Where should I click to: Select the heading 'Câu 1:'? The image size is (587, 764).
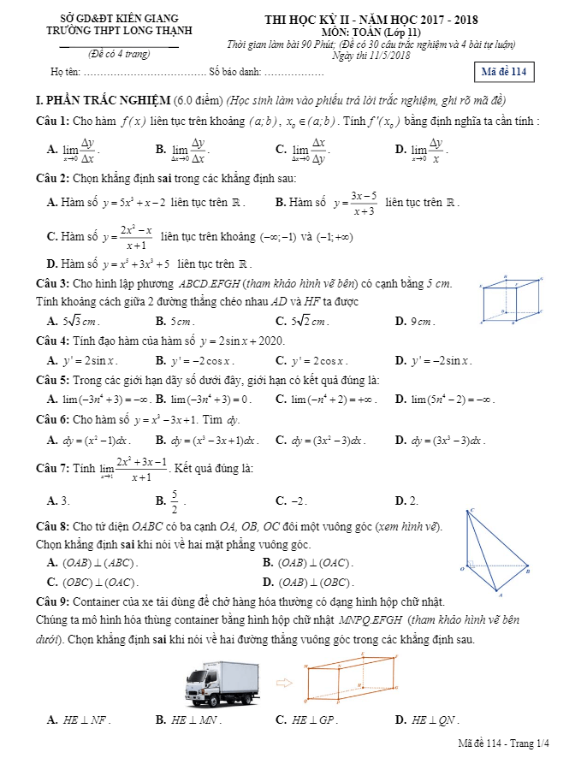[x=53, y=121]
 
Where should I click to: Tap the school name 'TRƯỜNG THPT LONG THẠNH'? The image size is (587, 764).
[x=120, y=31]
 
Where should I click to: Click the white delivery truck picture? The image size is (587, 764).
[x=221, y=682]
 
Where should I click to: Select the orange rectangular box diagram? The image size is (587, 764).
[x=351, y=679]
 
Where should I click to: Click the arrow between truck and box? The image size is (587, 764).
[x=284, y=683]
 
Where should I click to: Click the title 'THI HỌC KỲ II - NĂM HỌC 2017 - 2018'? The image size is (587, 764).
[x=371, y=20]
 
